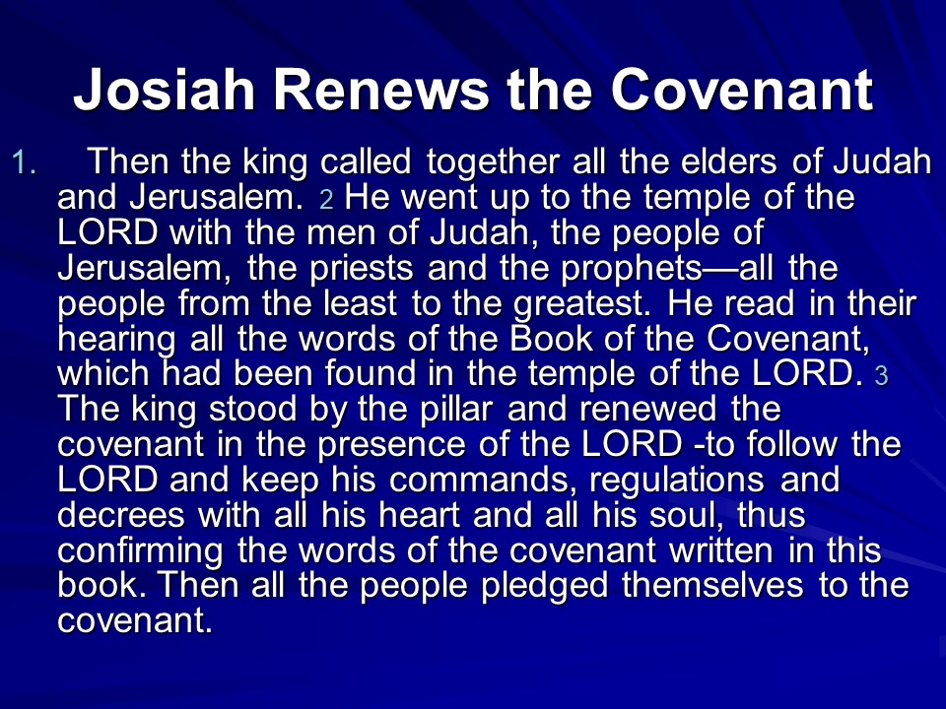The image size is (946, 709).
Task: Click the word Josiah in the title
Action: click(164, 91)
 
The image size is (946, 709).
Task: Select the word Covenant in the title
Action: click(742, 91)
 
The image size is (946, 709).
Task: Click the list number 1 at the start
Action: click(24, 162)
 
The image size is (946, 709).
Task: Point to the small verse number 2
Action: click(326, 199)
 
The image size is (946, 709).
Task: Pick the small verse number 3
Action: click(881, 375)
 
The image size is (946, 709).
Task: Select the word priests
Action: click(361, 268)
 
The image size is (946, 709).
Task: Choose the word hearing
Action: click(117, 340)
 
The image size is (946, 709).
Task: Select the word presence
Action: click(391, 445)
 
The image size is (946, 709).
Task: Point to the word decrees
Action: click(121, 515)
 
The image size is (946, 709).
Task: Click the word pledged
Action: click(545, 587)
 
